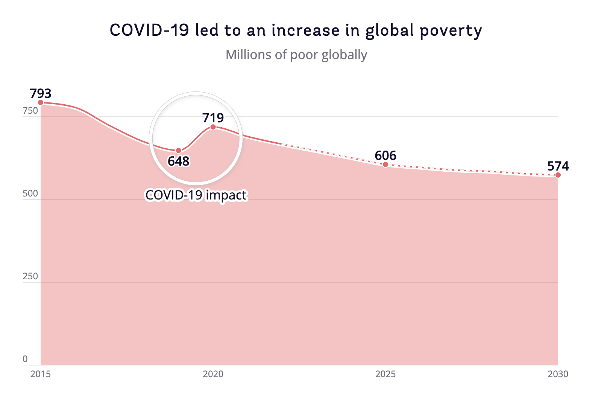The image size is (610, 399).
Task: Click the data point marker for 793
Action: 41,102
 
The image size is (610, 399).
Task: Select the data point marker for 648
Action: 179,151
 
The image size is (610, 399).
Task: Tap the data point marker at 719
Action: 213,127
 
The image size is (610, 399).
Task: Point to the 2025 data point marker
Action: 385,164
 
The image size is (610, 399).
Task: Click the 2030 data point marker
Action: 558,175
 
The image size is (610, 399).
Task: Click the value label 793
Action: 41,93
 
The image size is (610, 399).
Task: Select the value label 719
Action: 213,118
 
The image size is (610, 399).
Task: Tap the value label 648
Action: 179,161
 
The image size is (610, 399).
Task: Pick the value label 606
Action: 385,155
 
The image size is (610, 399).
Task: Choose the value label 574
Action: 558,166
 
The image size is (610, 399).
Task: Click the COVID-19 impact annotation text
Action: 196,195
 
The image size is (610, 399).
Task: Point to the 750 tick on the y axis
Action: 30,111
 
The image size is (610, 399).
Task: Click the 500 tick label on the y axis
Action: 30,193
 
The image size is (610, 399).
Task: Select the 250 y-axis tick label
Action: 30,276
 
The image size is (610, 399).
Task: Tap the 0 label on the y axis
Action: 25,359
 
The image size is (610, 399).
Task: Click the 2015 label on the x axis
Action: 41,374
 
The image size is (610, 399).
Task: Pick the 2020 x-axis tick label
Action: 213,374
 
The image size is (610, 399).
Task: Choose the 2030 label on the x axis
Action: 558,374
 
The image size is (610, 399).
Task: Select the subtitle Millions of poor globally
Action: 296,55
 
